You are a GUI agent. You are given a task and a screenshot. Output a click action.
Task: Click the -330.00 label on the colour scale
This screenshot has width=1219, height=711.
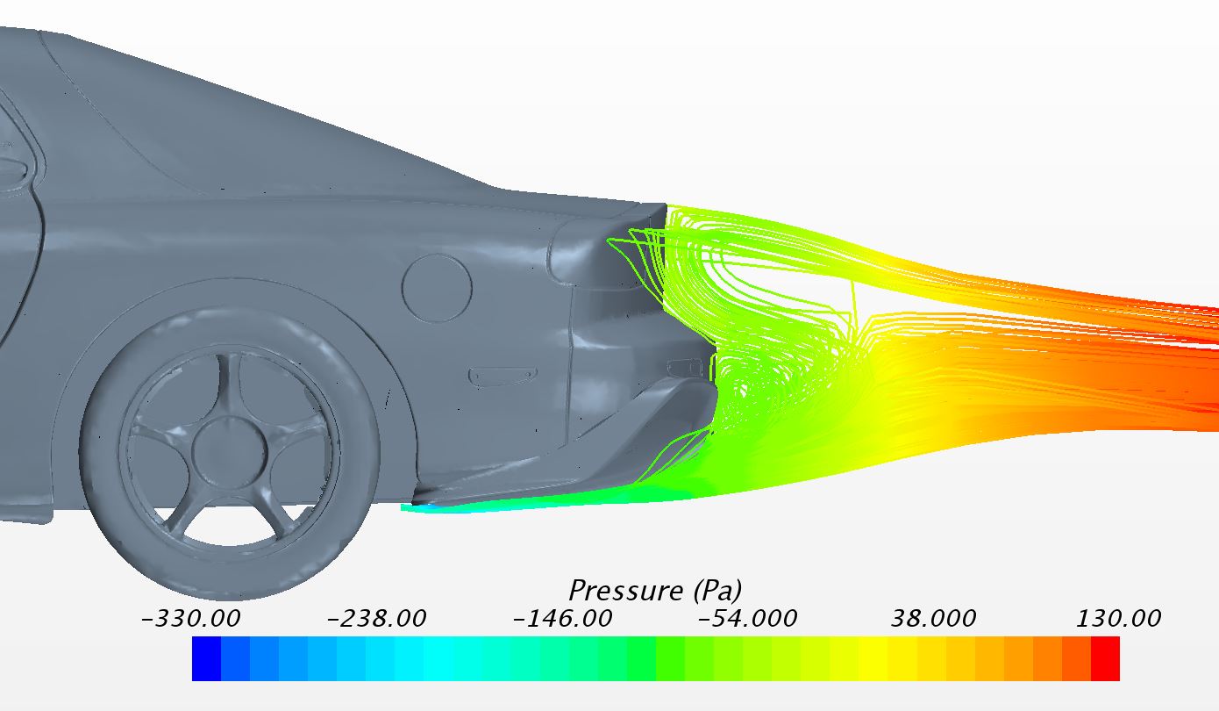pos(190,618)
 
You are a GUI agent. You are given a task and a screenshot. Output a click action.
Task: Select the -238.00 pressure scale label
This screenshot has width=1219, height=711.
pos(376,618)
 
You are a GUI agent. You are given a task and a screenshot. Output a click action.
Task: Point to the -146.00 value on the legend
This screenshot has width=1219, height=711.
pos(563,618)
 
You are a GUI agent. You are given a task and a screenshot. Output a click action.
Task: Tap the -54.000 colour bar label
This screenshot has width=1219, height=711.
pos(748,618)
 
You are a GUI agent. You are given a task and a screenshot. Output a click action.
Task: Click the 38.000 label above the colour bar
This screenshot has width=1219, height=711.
pos(934,618)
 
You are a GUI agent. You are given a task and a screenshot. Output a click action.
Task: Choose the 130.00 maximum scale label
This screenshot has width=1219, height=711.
pos(1119,618)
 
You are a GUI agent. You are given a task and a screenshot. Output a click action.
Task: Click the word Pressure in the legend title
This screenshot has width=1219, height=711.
pos(627,590)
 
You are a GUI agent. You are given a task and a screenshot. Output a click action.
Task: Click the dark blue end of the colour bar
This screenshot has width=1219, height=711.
pos(206,658)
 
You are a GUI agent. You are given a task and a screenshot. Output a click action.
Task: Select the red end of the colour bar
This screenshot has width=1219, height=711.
pos(1105,658)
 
